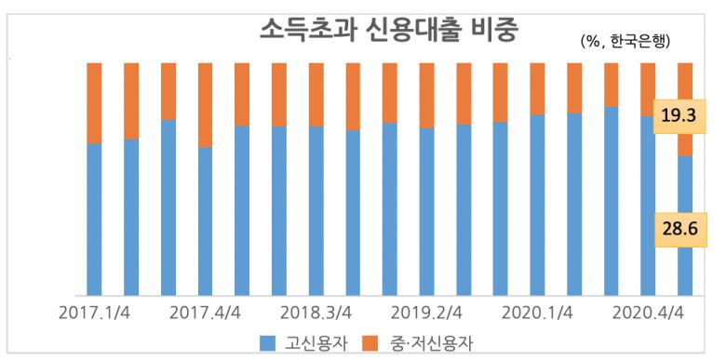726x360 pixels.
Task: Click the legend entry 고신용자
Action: [x=317, y=343]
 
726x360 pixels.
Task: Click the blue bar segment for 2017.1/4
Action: [x=94, y=219]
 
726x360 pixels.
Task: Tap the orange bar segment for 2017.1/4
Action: [x=94, y=103]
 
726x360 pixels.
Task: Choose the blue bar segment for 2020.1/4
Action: [x=537, y=205]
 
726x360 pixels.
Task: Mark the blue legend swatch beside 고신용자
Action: [x=268, y=343]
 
